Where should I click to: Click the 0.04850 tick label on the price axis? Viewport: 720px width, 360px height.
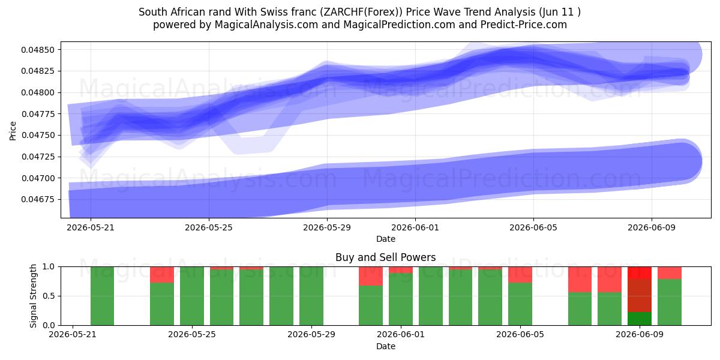point(38,50)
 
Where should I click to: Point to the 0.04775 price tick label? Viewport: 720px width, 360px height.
point(38,114)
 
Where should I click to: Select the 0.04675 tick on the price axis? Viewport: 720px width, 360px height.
point(38,200)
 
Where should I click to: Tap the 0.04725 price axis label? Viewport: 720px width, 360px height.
point(38,157)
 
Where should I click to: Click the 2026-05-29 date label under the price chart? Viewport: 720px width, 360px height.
point(327,227)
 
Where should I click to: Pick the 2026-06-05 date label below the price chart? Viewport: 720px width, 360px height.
point(533,227)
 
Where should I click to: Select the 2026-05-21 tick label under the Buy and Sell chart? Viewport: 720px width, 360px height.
point(73,335)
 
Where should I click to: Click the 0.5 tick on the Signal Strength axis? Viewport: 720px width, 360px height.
point(49,296)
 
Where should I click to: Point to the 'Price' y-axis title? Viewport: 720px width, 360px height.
point(13,131)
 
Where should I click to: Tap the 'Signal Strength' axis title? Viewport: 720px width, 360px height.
point(33,296)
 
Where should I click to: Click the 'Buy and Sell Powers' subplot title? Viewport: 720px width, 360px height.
point(385,257)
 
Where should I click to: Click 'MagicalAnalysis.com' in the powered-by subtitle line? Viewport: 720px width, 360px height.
point(266,25)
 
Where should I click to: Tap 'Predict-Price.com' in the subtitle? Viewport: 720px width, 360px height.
point(524,25)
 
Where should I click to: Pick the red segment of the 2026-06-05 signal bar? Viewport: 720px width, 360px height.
point(520,275)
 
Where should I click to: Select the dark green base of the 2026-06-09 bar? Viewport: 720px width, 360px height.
point(640,319)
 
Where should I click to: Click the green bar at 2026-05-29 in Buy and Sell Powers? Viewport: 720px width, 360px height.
point(311,296)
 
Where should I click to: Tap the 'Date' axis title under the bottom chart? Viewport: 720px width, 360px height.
point(386,347)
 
